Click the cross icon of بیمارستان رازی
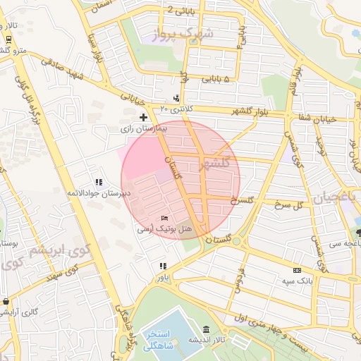coord(143,116)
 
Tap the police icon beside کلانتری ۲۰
coord(176,98)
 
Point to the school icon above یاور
coord(163,266)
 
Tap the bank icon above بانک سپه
coord(297,270)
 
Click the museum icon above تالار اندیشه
coord(205,329)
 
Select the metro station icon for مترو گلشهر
coord(8,39)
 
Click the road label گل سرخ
coord(294,204)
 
